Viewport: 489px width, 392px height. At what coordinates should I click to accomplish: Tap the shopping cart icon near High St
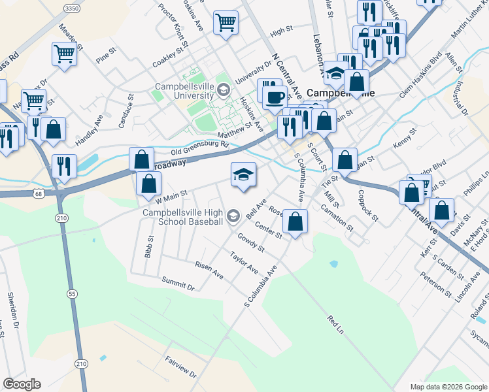226,22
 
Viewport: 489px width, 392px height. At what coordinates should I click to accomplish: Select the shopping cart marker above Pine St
64,54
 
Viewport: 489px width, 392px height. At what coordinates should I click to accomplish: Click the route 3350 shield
73,7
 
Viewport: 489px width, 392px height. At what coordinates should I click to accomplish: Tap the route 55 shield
71,294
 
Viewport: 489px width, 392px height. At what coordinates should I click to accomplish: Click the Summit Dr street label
178,283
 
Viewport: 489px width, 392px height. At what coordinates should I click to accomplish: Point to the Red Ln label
335,325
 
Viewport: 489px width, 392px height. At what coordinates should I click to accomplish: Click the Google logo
22,384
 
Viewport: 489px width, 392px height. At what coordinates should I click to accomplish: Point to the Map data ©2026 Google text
448,387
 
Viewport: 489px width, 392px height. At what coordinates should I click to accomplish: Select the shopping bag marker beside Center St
295,221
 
